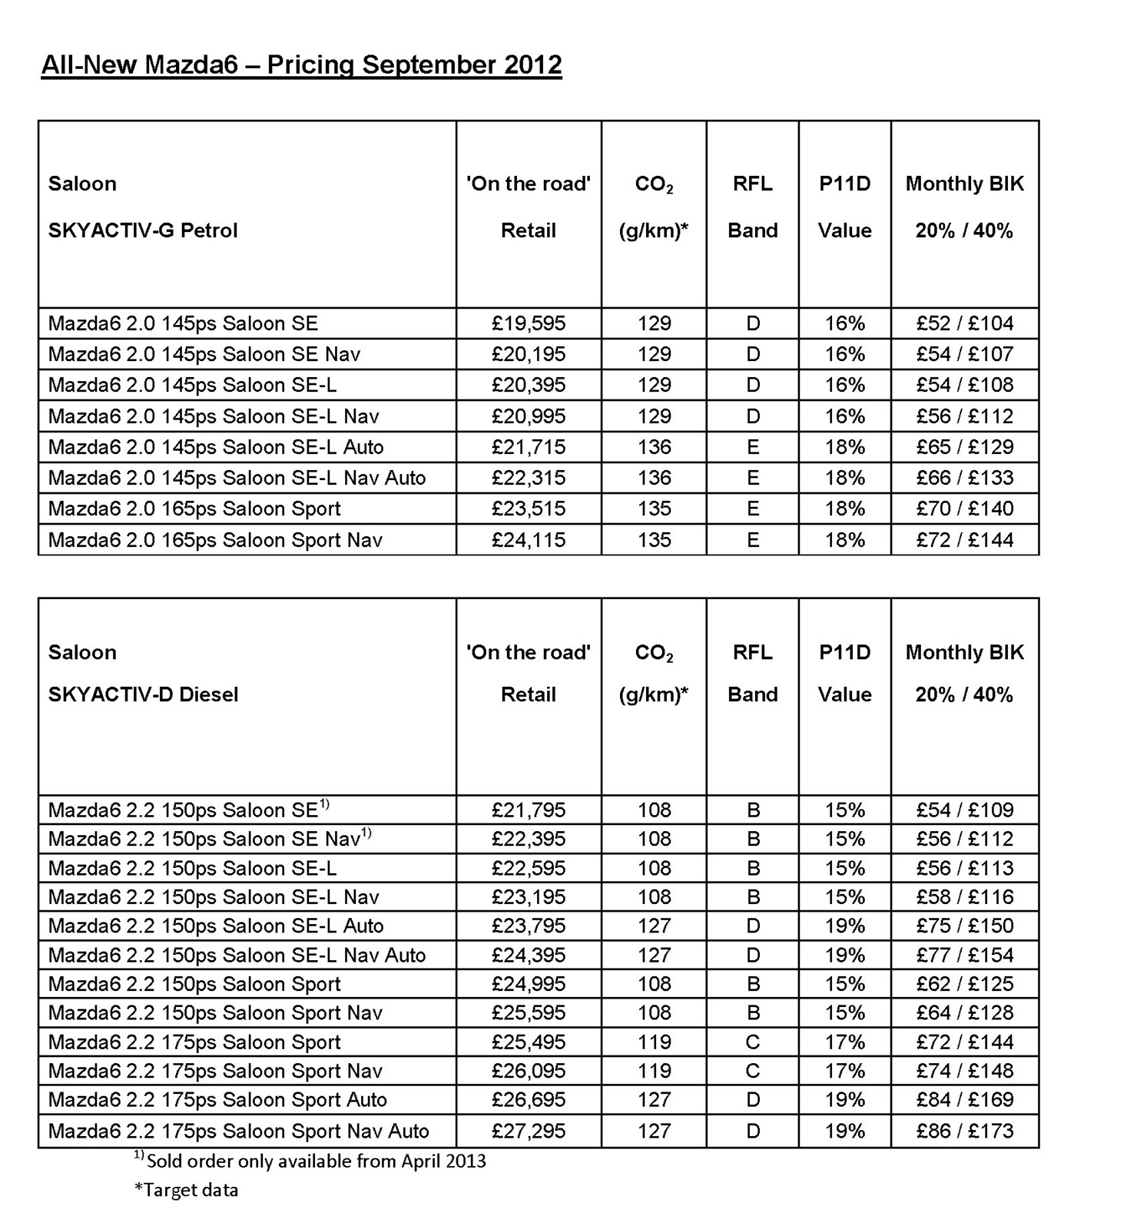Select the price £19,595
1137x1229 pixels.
[529, 323]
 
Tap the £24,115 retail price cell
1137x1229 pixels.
[529, 540]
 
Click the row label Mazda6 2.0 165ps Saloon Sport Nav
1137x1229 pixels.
[215, 540]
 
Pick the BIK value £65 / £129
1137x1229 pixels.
[965, 447]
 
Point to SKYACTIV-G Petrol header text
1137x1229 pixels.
[143, 230]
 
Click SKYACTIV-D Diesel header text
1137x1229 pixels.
[143, 694]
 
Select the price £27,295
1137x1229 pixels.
[529, 1131]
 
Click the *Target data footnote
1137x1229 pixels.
[187, 1190]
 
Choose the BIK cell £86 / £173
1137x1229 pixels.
[965, 1131]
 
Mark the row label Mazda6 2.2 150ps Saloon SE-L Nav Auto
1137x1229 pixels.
[237, 955]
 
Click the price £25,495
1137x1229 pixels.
[529, 1042]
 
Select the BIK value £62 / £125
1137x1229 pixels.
[965, 984]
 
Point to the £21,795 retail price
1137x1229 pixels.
[529, 810]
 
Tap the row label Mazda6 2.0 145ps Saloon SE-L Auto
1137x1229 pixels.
[216, 447]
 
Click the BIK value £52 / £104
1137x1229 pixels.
[965, 323]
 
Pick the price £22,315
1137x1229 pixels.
[529, 478]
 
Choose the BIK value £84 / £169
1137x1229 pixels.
[965, 1100]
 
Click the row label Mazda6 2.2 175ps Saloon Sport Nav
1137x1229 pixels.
[215, 1071]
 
